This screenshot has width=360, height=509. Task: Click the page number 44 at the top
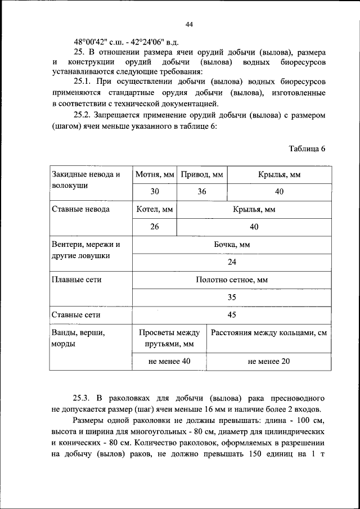click(189, 24)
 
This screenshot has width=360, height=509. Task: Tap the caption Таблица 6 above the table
click(307, 149)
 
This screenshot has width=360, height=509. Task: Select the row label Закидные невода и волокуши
click(85, 179)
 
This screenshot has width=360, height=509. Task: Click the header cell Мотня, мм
click(155, 175)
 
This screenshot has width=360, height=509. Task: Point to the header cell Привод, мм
click(202, 175)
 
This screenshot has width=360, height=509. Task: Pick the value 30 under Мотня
click(155, 192)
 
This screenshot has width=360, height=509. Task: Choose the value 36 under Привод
click(202, 192)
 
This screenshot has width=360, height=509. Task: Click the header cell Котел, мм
click(155, 209)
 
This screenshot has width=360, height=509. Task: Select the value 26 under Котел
click(155, 227)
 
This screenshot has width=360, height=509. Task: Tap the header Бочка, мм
click(232, 245)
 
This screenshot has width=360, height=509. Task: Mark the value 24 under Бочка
click(232, 262)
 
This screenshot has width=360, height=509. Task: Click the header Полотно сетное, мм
click(232, 280)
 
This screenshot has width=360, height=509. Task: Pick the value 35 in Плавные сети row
click(232, 297)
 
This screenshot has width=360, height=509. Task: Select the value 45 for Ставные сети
click(232, 314)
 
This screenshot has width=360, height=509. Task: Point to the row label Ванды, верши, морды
click(78, 337)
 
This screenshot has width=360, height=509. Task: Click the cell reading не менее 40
click(169, 361)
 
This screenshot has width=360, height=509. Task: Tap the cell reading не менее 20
click(268, 361)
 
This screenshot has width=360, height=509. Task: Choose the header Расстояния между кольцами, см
click(269, 332)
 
